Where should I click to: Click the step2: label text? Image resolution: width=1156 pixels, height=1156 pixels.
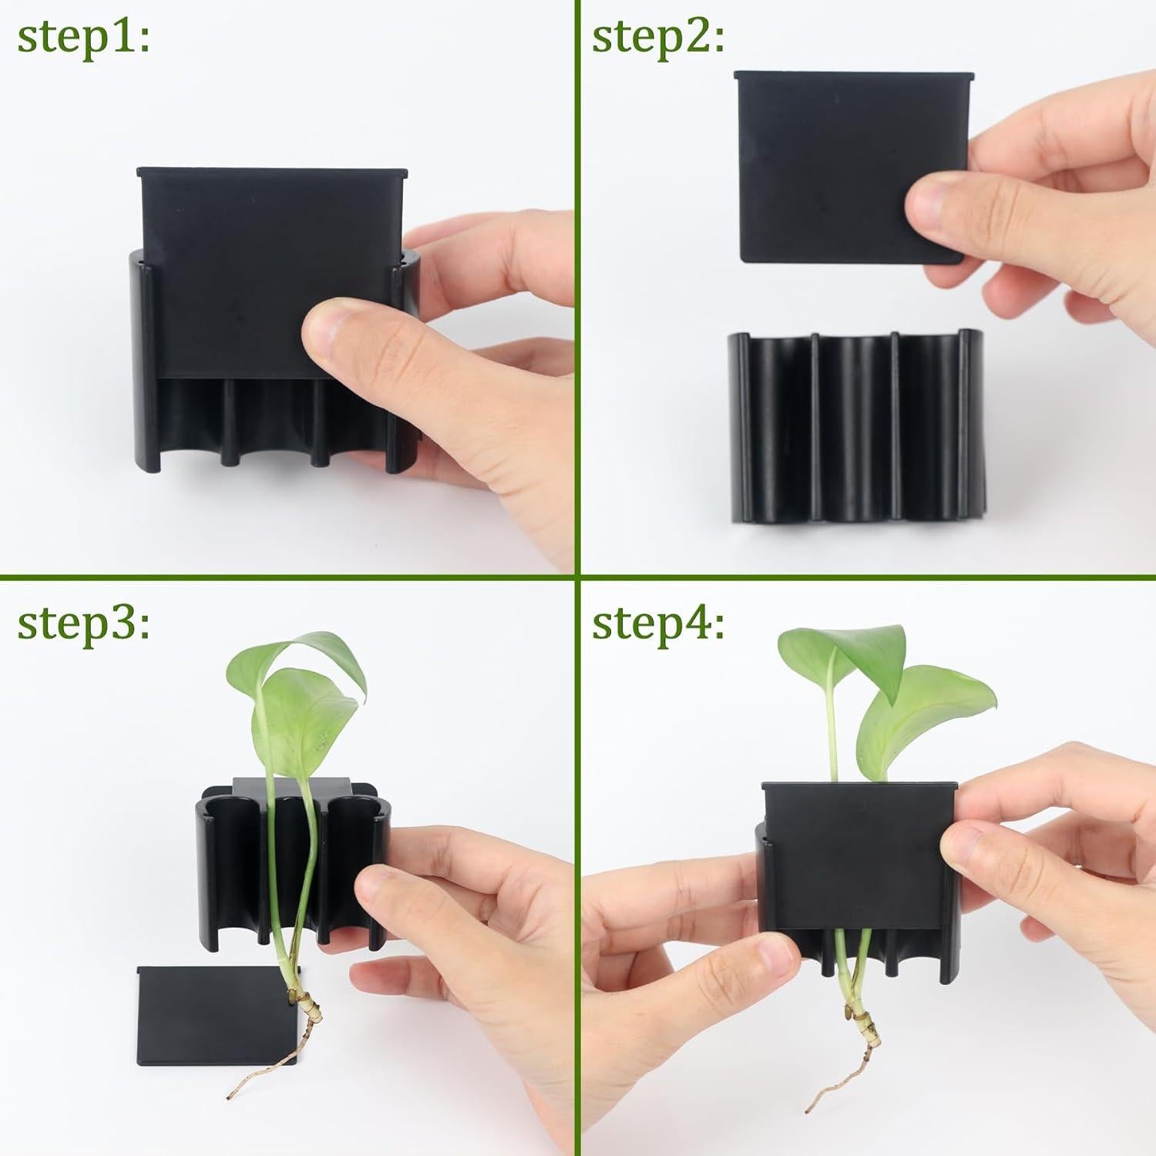click(x=658, y=36)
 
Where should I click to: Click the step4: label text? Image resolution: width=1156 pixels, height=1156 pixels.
click(x=658, y=622)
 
